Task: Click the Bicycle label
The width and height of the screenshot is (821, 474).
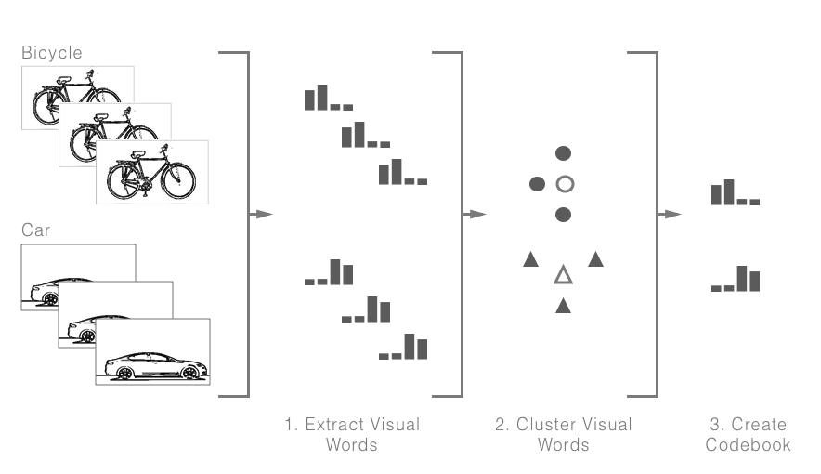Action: tap(52, 52)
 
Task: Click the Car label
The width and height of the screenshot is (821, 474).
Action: tap(35, 230)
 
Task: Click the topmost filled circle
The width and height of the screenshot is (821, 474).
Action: tap(563, 153)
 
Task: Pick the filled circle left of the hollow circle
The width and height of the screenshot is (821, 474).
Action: tap(537, 184)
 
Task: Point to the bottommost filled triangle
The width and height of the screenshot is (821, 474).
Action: tap(563, 306)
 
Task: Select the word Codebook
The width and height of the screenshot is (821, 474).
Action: tap(748, 444)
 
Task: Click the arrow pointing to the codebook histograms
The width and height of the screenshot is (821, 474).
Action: tap(670, 214)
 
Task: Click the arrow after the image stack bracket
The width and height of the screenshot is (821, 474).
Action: tap(261, 214)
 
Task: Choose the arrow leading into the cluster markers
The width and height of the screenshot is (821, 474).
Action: tap(475, 214)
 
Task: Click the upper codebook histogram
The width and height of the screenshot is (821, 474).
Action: tap(736, 192)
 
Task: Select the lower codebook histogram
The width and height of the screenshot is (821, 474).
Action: tap(736, 279)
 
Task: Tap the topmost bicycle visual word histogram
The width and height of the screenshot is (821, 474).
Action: tap(329, 98)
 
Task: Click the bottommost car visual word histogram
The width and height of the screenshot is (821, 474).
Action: tap(403, 347)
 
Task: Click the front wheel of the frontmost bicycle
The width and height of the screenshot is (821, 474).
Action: tap(178, 180)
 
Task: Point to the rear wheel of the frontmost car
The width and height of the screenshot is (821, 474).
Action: tap(124, 373)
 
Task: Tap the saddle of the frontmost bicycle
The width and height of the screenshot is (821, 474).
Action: tap(137, 154)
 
